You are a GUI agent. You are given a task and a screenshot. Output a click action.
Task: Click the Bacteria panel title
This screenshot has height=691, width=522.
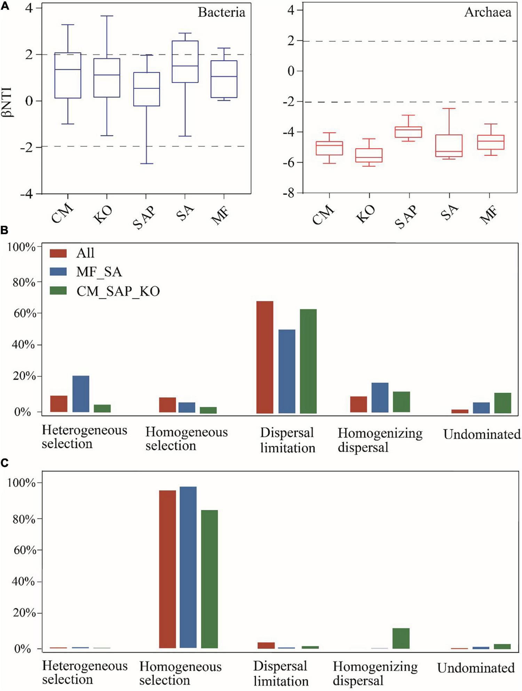pos(221,13)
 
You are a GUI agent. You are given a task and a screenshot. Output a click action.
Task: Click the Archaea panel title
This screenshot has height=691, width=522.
pos(487,13)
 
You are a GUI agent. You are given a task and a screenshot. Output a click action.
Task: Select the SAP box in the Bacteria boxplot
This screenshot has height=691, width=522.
pos(147,89)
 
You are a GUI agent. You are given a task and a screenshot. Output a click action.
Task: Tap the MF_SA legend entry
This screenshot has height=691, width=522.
pos(99,272)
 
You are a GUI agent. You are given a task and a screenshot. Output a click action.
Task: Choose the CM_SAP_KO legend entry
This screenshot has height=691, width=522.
pos(118,291)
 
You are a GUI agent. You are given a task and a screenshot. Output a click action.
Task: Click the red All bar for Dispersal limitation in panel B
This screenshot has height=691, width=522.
pos(264,357)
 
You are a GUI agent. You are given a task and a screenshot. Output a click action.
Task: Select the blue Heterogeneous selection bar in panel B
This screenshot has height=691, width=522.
pos(81,394)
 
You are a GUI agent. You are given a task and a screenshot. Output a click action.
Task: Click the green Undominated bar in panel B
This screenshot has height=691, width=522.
pos(503,403)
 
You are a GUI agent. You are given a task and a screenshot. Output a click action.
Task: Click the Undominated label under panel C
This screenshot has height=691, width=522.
pos(475,668)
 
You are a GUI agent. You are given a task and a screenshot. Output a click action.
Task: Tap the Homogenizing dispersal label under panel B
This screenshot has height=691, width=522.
pos(380,440)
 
